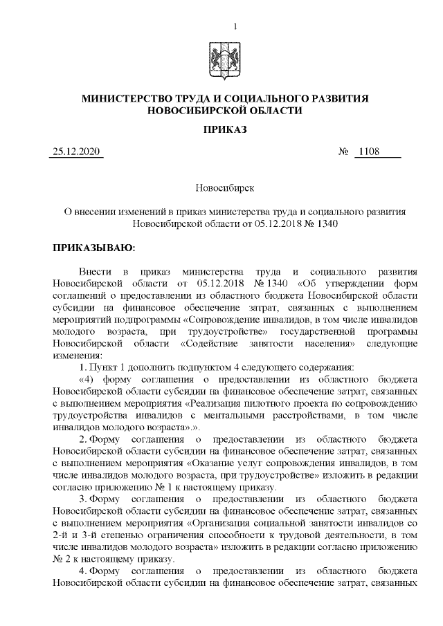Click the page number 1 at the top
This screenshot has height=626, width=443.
[236, 26]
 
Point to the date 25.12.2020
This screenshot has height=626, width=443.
[76, 153]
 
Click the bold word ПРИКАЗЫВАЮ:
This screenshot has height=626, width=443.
[93, 247]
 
